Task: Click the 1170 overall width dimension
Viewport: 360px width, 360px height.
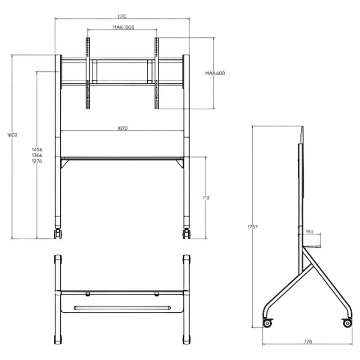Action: point(122,16)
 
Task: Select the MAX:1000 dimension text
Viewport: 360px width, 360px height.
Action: point(123,27)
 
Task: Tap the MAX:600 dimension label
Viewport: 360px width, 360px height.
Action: point(215,73)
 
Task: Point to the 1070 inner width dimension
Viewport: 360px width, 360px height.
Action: point(122,128)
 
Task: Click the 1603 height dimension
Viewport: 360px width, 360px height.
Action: point(12,135)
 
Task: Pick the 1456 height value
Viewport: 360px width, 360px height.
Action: point(37,149)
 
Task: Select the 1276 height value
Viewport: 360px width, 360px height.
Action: point(37,161)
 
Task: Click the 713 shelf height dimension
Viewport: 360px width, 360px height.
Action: point(206,198)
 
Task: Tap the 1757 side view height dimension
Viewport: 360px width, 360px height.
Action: point(253,227)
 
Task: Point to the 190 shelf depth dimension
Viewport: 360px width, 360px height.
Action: point(309,232)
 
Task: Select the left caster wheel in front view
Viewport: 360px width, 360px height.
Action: point(58,234)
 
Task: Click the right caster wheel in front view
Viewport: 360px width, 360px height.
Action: point(186,234)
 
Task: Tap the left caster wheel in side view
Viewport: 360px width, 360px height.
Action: point(267,323)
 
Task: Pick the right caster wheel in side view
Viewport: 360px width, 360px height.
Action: point(347,323)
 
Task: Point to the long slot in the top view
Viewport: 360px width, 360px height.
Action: point(122,308)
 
